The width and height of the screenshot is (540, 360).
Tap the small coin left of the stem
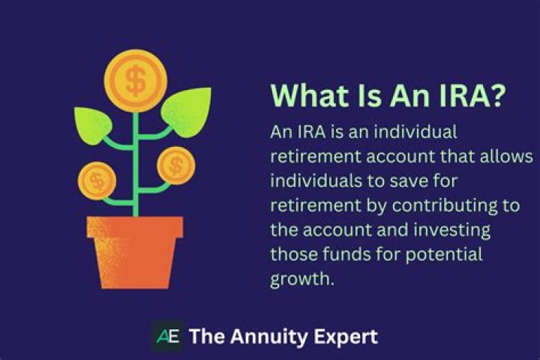point(98,179)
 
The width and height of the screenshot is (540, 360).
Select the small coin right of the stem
point(174,164)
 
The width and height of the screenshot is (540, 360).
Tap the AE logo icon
point(166,336)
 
